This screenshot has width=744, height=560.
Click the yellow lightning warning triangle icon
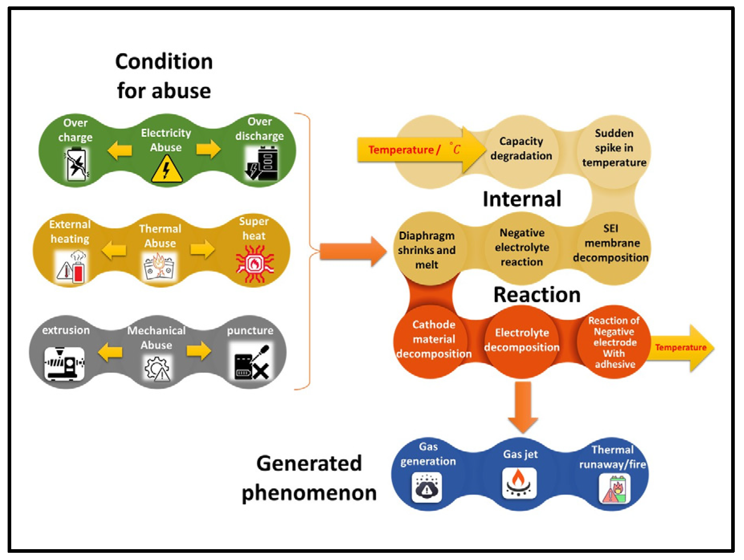click(x=167, y=168)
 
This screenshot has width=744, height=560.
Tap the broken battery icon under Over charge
click(x=76, y=164)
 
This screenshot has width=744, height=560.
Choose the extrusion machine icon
click(x=64, y=363)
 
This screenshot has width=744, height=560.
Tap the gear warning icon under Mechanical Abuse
click(x=157, y=368)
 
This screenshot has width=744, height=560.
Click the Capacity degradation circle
click(x=521, y=152)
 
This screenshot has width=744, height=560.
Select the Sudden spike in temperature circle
click(x=614, y=152)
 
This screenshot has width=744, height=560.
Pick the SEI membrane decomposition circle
click(x=611, y=248)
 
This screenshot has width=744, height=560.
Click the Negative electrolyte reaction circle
click(x=522, y=248)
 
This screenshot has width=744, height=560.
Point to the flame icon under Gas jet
click(x=519, y=483)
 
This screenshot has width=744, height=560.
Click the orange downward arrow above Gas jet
click(x=523, y=407)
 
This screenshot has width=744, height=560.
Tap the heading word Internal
click(x=522, y=199)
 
